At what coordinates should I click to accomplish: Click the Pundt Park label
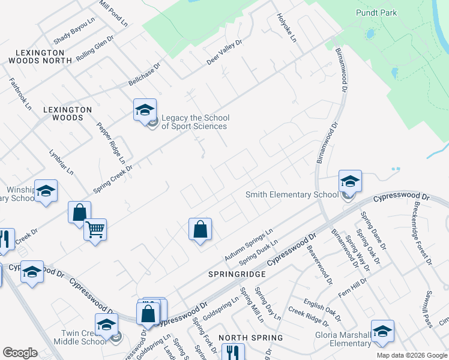tap(393, 13)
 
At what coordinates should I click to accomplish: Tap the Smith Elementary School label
tap(292, 194)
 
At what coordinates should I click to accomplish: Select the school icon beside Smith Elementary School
tap(350, 181)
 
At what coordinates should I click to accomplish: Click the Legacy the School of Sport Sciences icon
tap(145, 110)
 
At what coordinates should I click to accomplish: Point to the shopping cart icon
tap(95, 229)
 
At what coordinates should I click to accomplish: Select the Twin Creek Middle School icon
tap(107, 325)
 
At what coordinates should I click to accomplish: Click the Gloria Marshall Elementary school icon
tap(382, 331)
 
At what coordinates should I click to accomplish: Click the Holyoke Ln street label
tap(287, 28)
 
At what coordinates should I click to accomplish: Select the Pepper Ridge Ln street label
tap(111, 143)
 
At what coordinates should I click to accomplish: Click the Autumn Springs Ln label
tap(249, 244)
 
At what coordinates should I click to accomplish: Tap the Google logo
tap(20, 352)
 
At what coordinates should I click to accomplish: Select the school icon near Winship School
tap(46, 190)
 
